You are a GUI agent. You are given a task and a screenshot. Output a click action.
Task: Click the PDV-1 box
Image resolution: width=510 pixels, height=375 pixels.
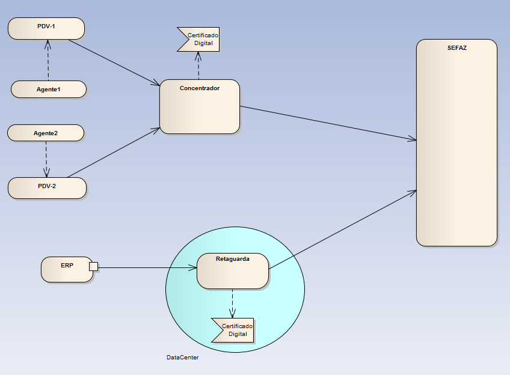click(46, 28)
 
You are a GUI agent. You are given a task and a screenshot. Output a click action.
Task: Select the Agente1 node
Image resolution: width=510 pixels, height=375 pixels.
click(49, 90)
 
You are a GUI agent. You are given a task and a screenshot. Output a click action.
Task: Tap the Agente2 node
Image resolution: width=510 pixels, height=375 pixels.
click(46, 133)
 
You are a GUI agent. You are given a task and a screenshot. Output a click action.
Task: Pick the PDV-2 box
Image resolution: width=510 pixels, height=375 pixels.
click(47, 187)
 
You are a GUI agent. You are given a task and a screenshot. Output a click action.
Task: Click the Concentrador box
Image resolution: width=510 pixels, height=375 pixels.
click(200, 107)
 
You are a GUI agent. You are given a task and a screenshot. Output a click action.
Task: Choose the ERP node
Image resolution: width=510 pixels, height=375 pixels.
click(66, 269)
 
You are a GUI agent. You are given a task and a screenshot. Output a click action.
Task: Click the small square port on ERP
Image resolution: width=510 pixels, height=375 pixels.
click(93, 266)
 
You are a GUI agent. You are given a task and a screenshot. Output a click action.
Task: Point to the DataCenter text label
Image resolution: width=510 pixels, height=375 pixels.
click(182, 358)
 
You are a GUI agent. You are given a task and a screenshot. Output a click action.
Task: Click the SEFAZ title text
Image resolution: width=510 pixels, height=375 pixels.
click(456, 47)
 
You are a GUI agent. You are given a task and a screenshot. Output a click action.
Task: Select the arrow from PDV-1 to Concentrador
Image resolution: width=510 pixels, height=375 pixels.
click(114, 62)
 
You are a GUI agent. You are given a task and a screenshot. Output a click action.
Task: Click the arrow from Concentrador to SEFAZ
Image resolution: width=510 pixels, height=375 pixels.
click(328, 123)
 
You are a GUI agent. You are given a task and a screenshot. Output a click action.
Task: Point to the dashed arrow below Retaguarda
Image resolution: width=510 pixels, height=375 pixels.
click(233, 303)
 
